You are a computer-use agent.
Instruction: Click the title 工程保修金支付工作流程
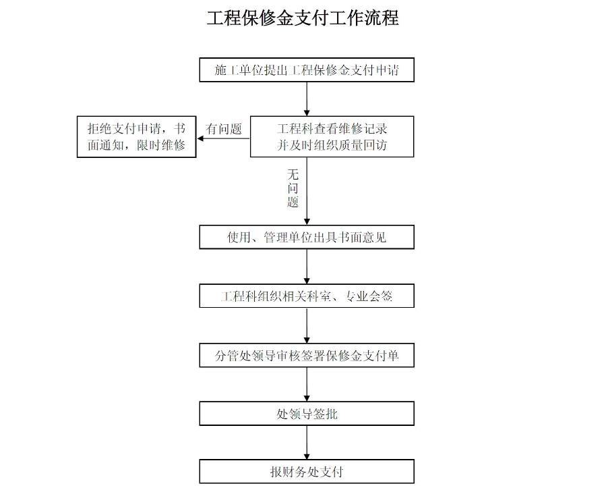click(303, 18)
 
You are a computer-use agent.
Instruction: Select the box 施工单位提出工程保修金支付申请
click(307, 70)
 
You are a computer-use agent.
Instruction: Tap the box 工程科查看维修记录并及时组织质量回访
click(332, 136)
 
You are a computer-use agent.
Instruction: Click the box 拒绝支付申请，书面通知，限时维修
click(136, 136)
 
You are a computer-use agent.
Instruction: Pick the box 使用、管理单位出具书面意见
click(307, 238)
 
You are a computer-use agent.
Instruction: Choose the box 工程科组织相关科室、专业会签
click(307, 296)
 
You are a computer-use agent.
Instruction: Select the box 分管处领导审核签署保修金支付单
click(307, 355)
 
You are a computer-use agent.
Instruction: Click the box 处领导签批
click(307, 414)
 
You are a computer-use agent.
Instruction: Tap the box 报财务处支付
click(307, 472)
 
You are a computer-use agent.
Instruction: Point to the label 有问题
click(224, 129)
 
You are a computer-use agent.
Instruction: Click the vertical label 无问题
click(293, 188)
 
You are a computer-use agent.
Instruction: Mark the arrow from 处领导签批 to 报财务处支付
click(307, 443)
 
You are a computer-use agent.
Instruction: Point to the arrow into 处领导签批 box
click(307, 384)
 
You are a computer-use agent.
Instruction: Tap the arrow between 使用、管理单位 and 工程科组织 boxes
click(307, 267)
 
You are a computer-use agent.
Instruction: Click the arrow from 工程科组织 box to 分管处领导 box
click(307, 325)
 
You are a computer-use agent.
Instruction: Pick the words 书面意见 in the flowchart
click(364, 238)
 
